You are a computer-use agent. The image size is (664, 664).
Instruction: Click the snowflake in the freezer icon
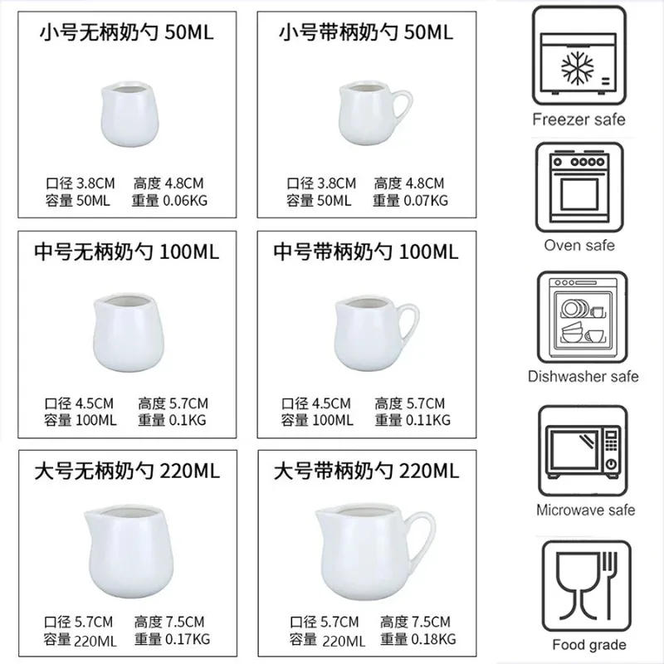579,67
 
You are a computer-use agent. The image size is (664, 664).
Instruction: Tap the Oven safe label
579,245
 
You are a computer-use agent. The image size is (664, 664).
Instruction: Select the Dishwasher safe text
583,376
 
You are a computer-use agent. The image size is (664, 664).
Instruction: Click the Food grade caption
590,644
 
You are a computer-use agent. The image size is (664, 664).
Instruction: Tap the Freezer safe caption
579,119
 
